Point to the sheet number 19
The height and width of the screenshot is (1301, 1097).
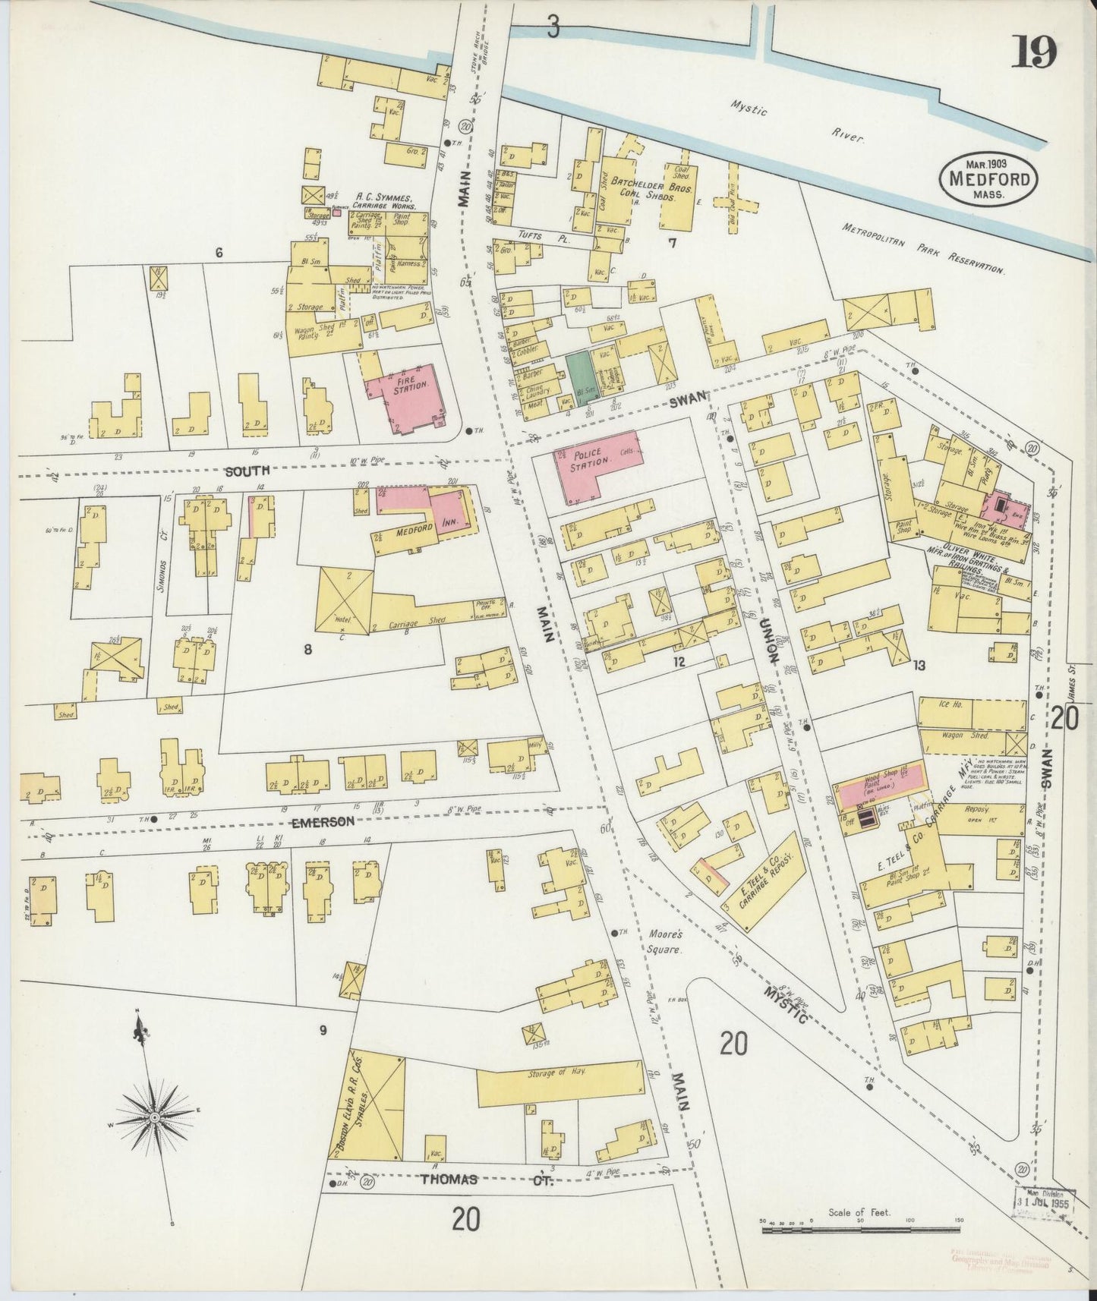click(x=1033, y=54)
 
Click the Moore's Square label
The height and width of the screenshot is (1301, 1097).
click(x=667, y=940)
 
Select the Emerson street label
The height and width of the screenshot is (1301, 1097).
click(x=322, y=821)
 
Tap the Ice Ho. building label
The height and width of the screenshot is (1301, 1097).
click(x=951, y=705)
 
